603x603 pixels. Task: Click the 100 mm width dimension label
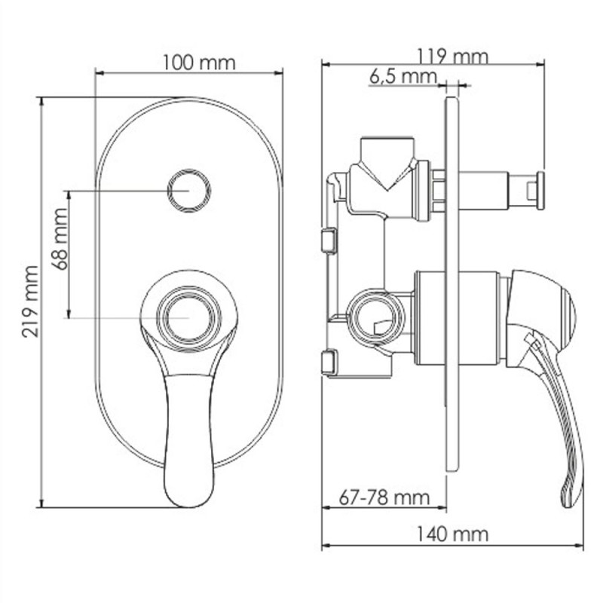pos(199,63)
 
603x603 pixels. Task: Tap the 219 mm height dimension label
pos(30,302)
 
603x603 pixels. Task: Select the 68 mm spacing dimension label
pos(60,239)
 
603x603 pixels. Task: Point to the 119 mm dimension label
pos(452,57)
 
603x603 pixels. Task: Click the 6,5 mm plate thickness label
pos(403,77)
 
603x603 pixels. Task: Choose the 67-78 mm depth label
pos(384,498)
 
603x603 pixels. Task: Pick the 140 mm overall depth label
pos(452,535)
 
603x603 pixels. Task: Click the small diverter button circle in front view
pos(189,191)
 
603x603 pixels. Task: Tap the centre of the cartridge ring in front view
pos(189,318)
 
